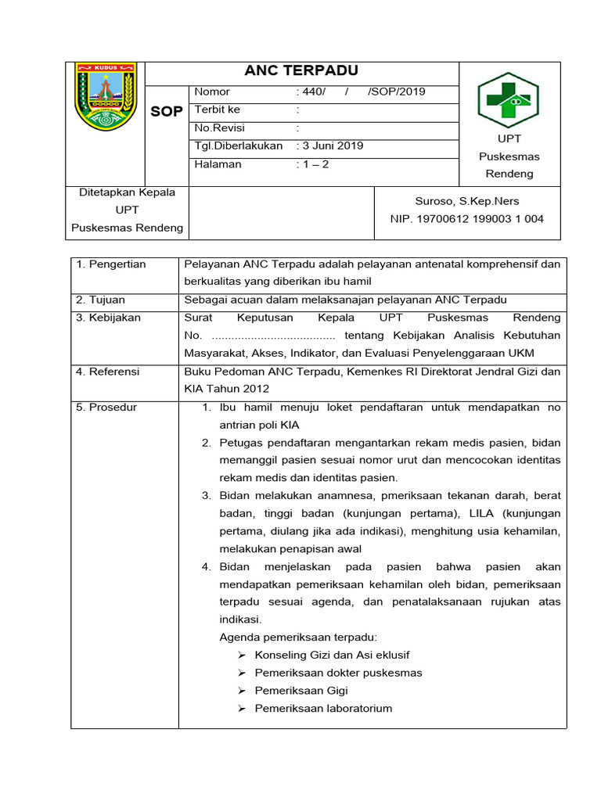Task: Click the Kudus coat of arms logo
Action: click(x=105, y=97)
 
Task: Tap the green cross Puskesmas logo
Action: click(x=509, y=101)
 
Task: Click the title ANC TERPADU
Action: click(x=301, y=71)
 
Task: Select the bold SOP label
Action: click(x=166, y=112)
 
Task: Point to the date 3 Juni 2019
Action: click(x=329, y=145)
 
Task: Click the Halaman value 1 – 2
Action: click(x=312, y=164)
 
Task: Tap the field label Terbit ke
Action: click(x=218, y=110)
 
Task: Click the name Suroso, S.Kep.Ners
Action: click(x=466, y=201)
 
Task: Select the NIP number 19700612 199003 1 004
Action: click(x=466, y=219)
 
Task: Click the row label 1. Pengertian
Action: click(x=111, y=264)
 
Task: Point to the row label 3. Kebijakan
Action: click(x=106, y=318)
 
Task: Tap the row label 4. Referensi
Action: click(x=108, y=372)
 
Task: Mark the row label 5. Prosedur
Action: click(x=106, y=408)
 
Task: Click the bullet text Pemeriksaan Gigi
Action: click(x=301, y=691)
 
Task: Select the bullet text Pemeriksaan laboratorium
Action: click(x=323, y=709)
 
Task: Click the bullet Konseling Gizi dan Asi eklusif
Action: click(x=332, y=655)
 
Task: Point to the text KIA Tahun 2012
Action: click(x=226, y=389)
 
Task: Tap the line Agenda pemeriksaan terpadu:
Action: click(x=298, y=637)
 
